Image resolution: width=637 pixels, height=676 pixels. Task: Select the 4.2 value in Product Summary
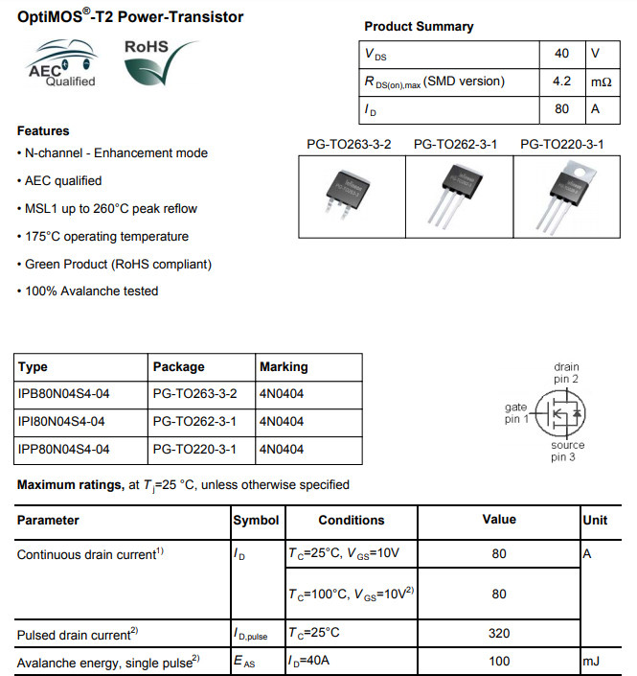coord(561,82)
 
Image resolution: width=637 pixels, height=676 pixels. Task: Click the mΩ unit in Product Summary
coord(601,82)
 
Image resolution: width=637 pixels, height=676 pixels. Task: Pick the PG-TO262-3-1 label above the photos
coord(455,145)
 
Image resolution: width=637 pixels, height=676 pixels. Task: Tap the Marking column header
coord(284,366)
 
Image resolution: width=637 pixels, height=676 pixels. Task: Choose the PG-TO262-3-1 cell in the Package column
coord(193,421)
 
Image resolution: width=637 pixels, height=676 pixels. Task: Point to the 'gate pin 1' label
coord(516,414)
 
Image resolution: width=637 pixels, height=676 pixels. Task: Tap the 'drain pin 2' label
coord(566,373)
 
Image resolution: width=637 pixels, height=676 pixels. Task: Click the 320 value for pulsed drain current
coord(499,633)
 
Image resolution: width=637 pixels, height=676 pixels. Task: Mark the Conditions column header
coord(351,520)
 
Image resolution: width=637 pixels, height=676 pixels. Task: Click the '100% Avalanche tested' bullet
coord(88,291)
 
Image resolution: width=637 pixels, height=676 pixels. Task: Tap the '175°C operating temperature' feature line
coord(103,236)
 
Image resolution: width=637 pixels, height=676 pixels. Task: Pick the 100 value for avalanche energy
coord(499,662)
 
